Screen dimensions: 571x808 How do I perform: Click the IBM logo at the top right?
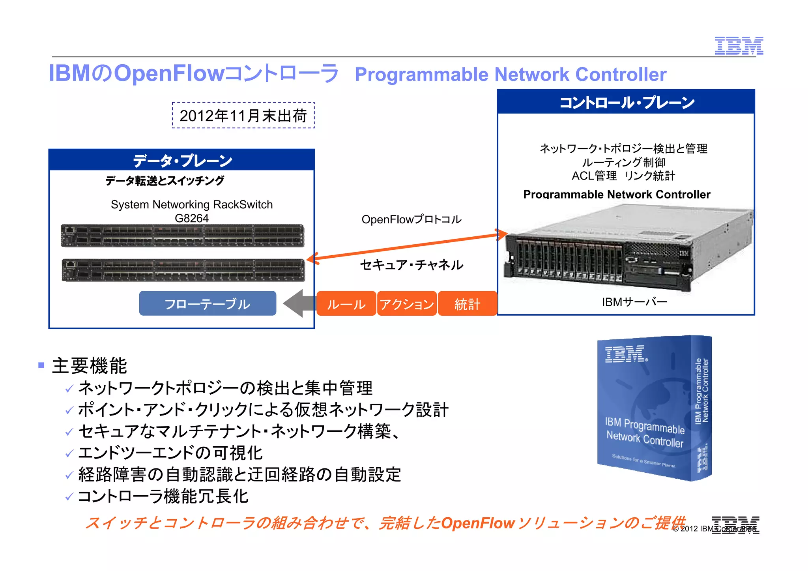739,46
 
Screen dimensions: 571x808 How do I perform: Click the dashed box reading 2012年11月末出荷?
243,115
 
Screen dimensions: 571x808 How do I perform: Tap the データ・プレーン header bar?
181,160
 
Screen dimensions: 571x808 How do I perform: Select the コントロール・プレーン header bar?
626,102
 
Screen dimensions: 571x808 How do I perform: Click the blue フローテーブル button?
208,303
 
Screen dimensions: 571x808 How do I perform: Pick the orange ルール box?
346,303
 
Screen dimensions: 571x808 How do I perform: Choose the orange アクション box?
407,303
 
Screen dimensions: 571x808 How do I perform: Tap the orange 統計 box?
467,303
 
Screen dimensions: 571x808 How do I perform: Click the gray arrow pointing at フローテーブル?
299,303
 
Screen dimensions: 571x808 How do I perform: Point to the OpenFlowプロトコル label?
411,219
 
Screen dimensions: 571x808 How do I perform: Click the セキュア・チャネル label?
411,265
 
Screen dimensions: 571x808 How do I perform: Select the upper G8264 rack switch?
182,236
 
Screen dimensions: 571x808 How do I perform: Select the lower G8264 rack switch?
183,270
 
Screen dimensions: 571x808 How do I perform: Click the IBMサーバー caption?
634,302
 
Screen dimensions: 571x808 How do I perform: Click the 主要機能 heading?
90,365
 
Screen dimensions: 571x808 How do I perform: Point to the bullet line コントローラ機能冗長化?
163,496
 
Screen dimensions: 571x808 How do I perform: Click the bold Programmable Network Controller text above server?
617,194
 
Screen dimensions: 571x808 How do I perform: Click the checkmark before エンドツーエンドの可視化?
69,454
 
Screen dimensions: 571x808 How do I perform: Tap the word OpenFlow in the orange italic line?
477,523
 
